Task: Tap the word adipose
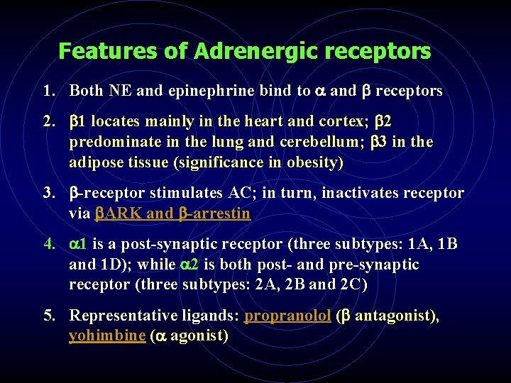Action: point(97,162)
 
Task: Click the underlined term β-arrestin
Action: point(214,213)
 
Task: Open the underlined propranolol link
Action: point(287,316)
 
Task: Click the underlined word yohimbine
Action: point(106,335)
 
